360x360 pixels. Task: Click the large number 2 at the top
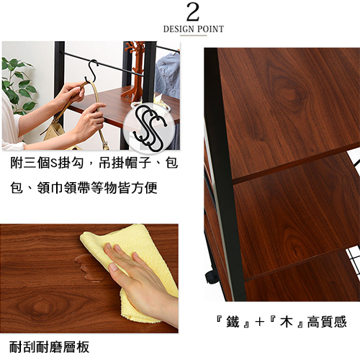coord(193,12)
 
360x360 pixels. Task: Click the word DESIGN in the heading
coord(179,30)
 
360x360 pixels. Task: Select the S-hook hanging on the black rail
coord(91,71)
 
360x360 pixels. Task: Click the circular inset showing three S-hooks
coord(149,129)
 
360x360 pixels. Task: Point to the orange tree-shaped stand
coord(134,70)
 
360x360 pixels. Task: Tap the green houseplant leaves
coord(17,85)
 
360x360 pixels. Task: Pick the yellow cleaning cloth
coord(132,271)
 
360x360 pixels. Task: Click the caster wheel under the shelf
coord(212,276)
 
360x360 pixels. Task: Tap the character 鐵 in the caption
coord(233,322)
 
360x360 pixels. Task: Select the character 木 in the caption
coord(287,322)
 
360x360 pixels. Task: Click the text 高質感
coord(327,322)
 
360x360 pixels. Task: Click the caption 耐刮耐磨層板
coord(49,347)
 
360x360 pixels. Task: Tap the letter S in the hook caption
coord(54,163)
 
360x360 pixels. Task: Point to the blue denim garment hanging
coord(168,74)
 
